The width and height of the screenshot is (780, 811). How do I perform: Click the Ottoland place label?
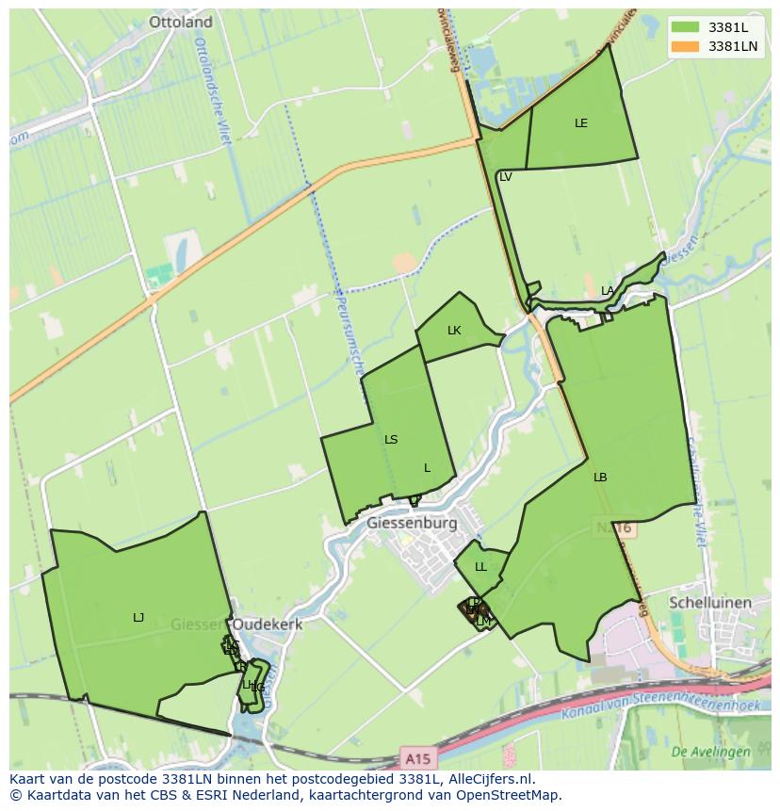[181, 22]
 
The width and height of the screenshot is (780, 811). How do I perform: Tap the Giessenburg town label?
[412, 523]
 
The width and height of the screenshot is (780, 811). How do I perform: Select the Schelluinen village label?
[709, 603]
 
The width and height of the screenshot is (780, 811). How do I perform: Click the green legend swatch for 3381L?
[686, 27]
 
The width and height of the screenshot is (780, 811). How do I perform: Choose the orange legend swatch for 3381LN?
[686, 45]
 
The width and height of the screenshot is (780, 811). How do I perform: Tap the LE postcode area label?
[581, 123]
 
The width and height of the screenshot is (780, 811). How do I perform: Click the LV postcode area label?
[506, 177]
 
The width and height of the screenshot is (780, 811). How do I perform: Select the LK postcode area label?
[454, 331]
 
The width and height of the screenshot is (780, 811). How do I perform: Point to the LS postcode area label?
[391, 440]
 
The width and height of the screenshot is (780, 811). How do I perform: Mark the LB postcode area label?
[600, 478]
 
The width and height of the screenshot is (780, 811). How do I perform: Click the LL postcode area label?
[480, 567]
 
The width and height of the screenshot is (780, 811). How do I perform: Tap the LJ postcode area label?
[138, 618]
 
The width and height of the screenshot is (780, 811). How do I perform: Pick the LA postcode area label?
[608, 291]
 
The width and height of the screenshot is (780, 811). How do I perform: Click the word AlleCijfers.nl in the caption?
[490, 779]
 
